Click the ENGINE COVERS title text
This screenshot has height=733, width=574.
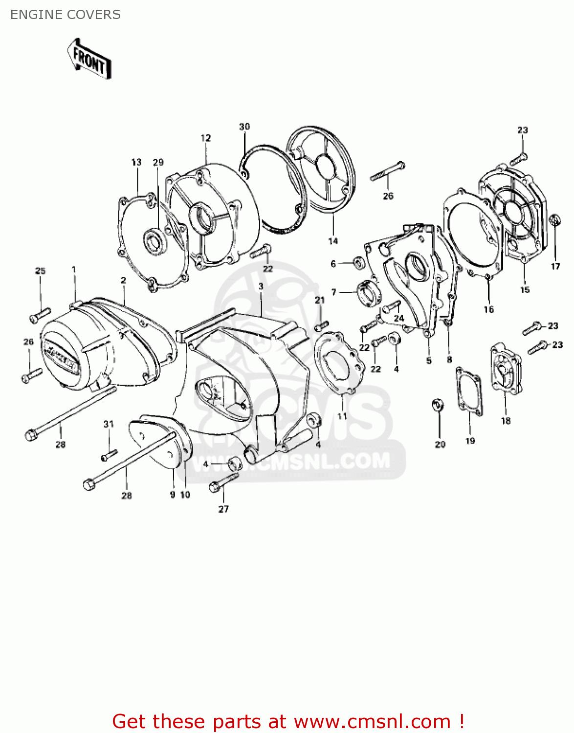click(x=66, y=15)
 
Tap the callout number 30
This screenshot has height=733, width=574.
click(x=244, y=127)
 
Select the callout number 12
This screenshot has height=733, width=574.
click(x=206, y=138)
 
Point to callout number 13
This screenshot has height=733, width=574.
click(x=136, y=162)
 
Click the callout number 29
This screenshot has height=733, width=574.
click(x=158, y=162)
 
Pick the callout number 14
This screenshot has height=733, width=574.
click(x=333, y=241)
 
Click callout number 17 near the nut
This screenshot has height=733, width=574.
click(x=555, y=266)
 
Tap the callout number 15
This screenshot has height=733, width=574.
click(x=525, y=290)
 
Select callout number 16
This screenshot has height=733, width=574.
click(x=489, y=309)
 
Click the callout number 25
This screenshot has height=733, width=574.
click(x=40, y=271)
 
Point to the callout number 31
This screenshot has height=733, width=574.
click(x=109, y=424)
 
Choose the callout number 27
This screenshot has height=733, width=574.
click(x=223, y=509)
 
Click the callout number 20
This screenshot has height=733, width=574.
click(x=440, y=444)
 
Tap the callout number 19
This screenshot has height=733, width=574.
click(x=470, y=441)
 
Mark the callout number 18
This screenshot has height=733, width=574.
click(x=506, y=421)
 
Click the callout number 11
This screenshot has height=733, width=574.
click(x=342, y=416)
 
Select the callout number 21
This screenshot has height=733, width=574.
click(x=319, y=300)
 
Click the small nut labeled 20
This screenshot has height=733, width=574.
click(x=438, y=405)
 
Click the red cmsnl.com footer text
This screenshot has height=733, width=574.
click(x=288, y=721)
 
